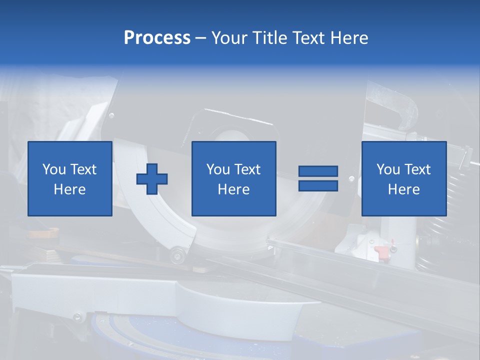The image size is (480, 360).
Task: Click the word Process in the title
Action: pyautogui.click(x=157, y=38)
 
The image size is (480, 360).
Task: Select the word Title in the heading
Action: pyautogui.click(x=269, y=38)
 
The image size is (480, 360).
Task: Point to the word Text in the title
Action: pyautogui.click(x=307, y=38)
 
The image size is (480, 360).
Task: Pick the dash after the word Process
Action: pyautogui.click(x=200, y=38)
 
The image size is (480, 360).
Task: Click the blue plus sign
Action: pyautogui.click(x=152, y=178)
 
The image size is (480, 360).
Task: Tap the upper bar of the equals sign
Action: pyautogui.click(x=318, y=171)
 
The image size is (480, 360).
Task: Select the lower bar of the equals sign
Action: pyautogui.click(x=318, y=185)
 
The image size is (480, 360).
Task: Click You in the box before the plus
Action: pyautogui.click(x=54, y=169)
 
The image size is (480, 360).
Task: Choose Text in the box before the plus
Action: pyautogui.click(x=83, y=169)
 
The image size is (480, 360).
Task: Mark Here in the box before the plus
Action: pyautogui.click(x=70, y=189)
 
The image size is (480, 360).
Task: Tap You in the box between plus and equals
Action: pyautogui.click(x=218, y=169)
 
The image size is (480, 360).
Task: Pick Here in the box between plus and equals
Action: pyautogui.click(x=234, y=189)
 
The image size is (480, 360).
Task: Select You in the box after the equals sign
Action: pyautogui.click(x=388, y=169)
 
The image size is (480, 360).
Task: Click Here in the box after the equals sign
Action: pyautogui.click(x=404, y=189)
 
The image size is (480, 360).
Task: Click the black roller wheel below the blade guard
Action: pyautogui.click(x=176, y=256)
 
